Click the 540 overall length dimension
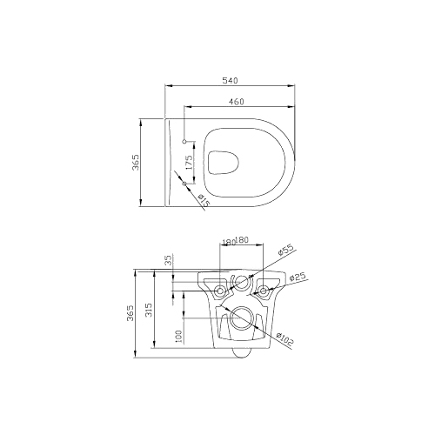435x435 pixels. pos(230,80)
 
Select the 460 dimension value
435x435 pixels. pos(237,102)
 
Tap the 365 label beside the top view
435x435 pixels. pos(136,163)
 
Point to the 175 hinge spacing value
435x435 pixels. pos(189,163)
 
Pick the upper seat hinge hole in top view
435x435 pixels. pos(184,142)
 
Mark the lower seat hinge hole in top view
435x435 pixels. pos(184,184)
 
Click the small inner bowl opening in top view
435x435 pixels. pos(224,163)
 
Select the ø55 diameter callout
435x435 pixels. pos(285,249)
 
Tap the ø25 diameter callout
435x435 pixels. pos(298,277)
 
